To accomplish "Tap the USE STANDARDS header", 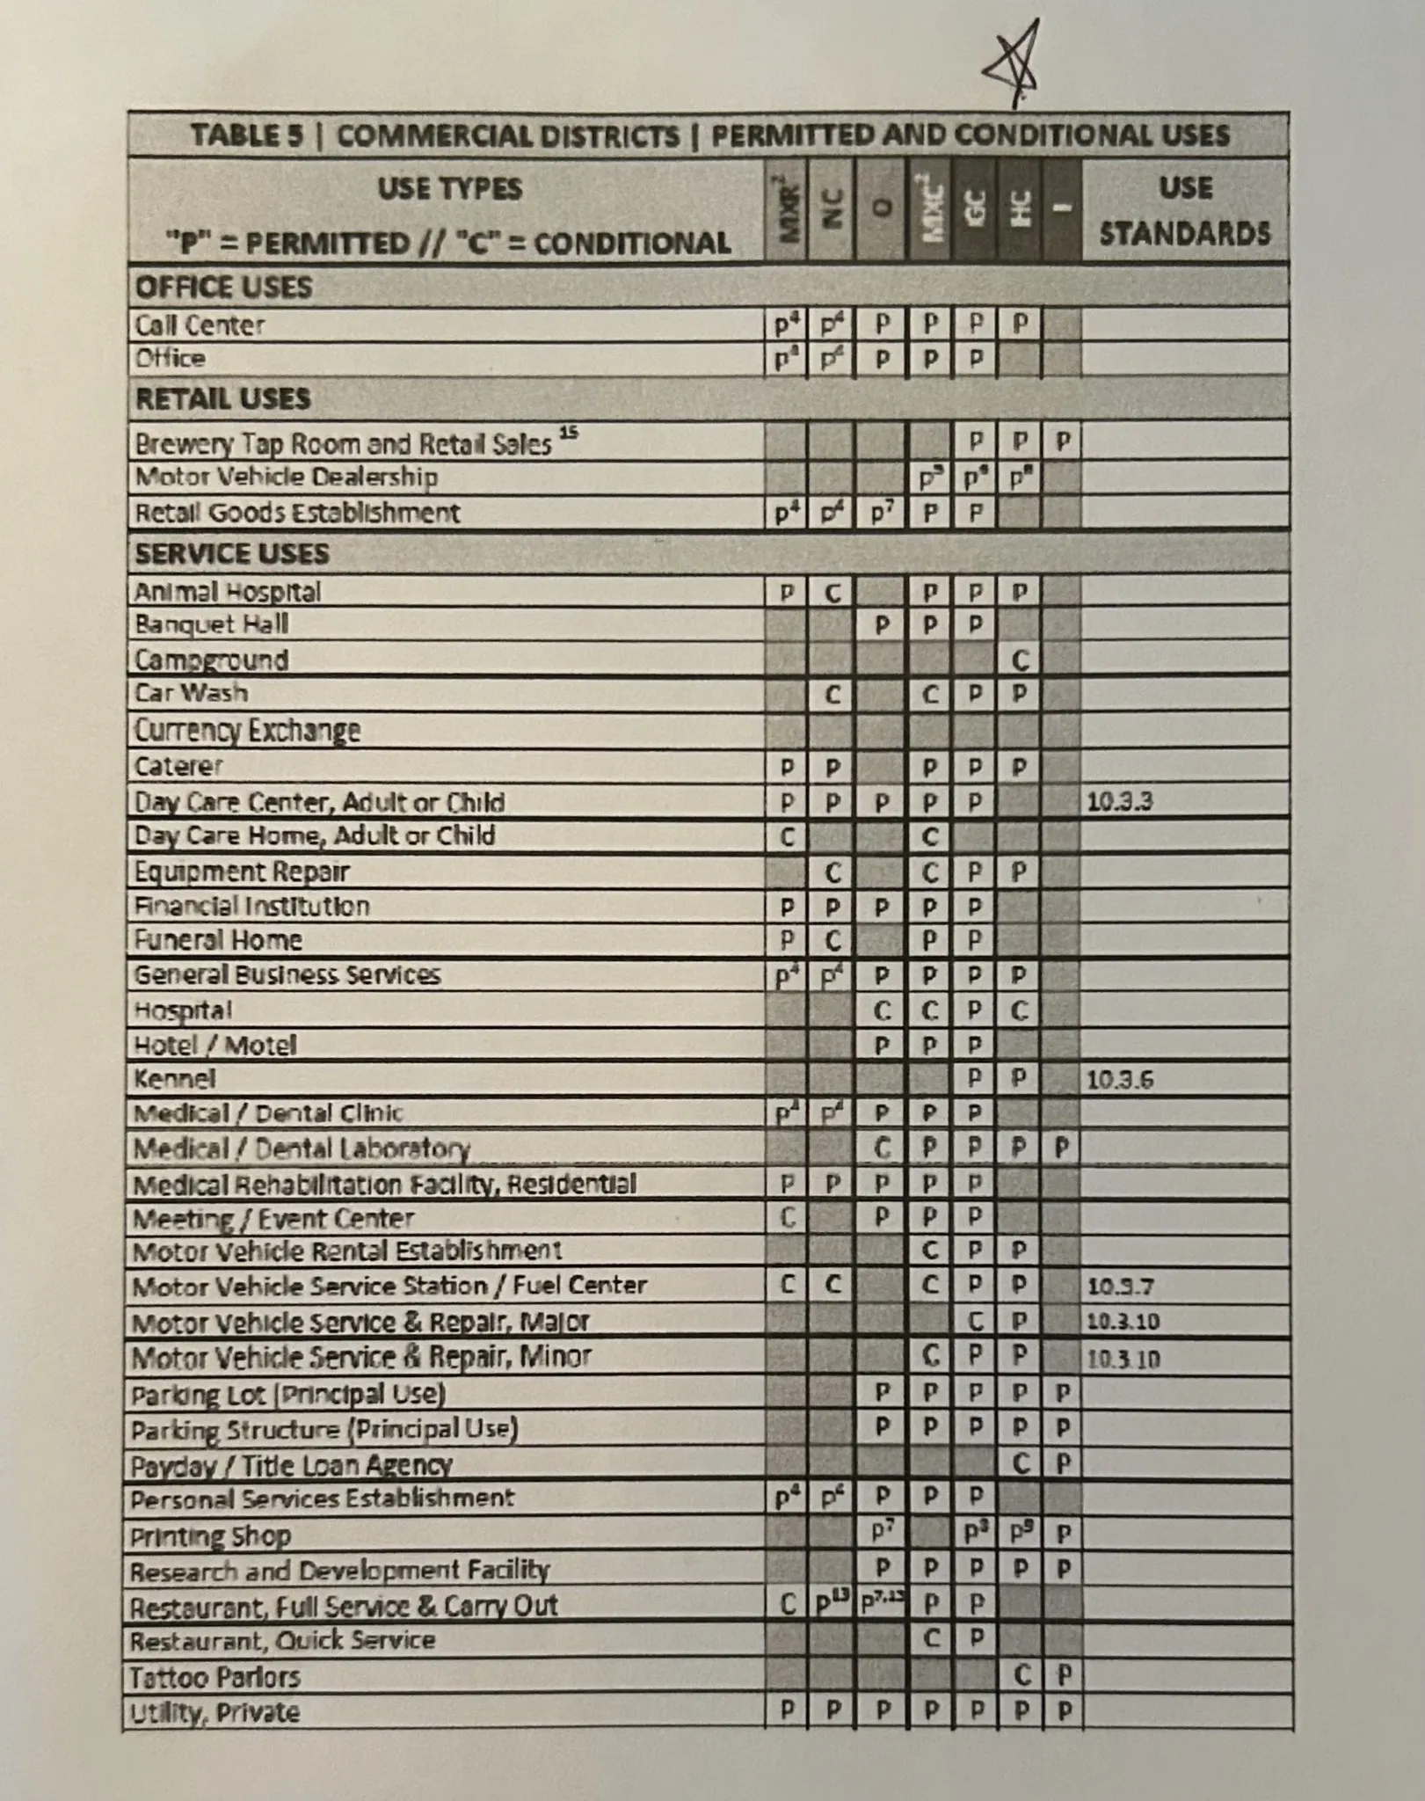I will click(1185, 210).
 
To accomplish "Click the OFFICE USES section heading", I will click(223, 288).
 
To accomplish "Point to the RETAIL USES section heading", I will click(222, 399).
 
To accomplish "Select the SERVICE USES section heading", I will click(231, 554).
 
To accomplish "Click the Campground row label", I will click(211, 660).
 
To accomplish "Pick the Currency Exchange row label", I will click(247, 730).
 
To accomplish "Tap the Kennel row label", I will click(174, 1078).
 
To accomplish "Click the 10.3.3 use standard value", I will click(1120, 801).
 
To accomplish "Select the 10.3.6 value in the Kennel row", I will click(1120, 1079).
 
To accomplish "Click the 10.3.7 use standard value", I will click(1120, 1287).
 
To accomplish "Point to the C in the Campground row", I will click(1020, 660).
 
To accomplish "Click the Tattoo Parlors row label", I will click(215, 1677).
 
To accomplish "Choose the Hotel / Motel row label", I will click(214, 1045).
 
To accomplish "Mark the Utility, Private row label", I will click(214, 1712).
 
